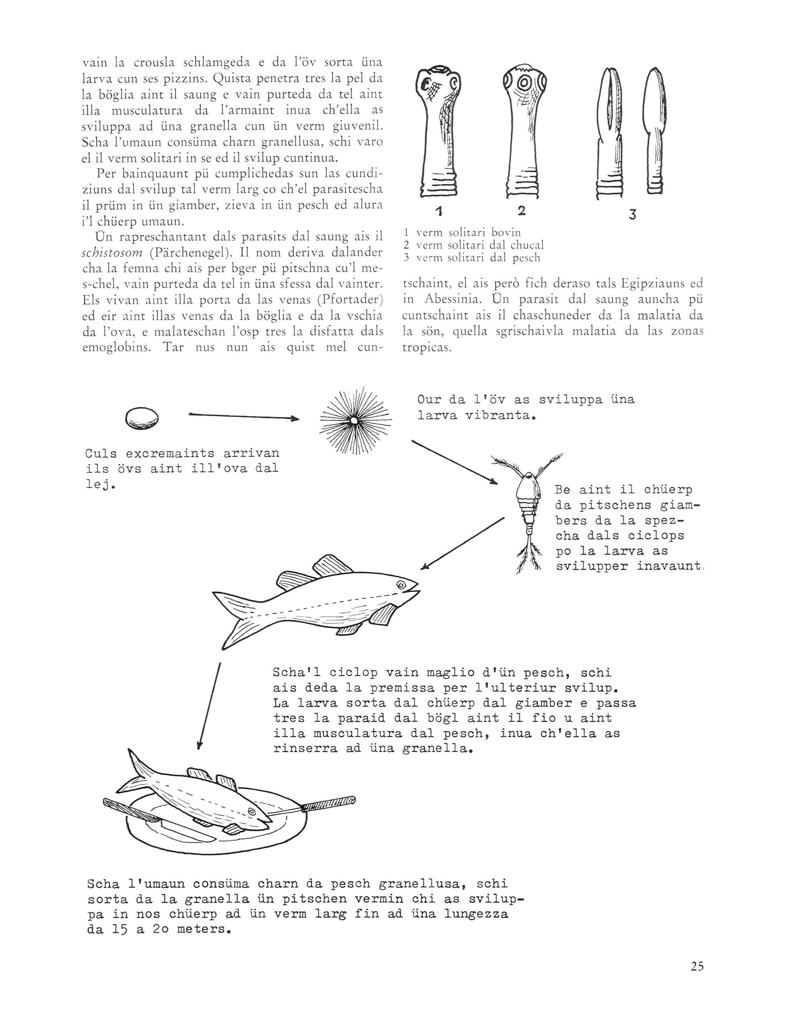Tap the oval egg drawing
tap(142, 418)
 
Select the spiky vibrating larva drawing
tap(353, 420)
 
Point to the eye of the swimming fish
tap(401, 584)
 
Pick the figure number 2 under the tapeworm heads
tap(521, 211)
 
